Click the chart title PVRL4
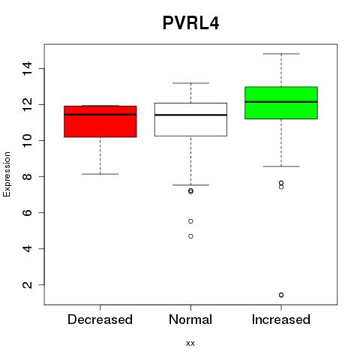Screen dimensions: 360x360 (190, 23)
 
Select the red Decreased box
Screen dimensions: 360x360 (100, 121)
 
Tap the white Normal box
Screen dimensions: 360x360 (190, 119)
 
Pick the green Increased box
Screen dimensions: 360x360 (281, 103)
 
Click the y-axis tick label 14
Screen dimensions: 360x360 (27, 68)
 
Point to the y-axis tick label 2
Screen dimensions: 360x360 (27, 285)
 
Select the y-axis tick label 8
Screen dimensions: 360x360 (27, 176)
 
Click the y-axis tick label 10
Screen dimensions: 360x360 (27, 140)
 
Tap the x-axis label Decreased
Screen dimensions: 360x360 (100, 319)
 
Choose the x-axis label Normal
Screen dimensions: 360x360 (190, 319)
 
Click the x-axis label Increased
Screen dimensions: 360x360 (281, 319)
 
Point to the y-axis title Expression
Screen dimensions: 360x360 (7, 174)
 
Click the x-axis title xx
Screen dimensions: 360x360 (190, 343)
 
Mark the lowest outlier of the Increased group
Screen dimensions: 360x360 (281, 295)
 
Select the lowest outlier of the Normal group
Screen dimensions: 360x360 (190, 236)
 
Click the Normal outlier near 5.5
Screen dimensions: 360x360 (190, 221)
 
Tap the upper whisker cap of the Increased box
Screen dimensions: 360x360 (281, 54)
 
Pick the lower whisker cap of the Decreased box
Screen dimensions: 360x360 (100, 174)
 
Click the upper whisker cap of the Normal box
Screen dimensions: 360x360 (190, 83)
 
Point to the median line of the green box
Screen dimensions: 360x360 (281, 102)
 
